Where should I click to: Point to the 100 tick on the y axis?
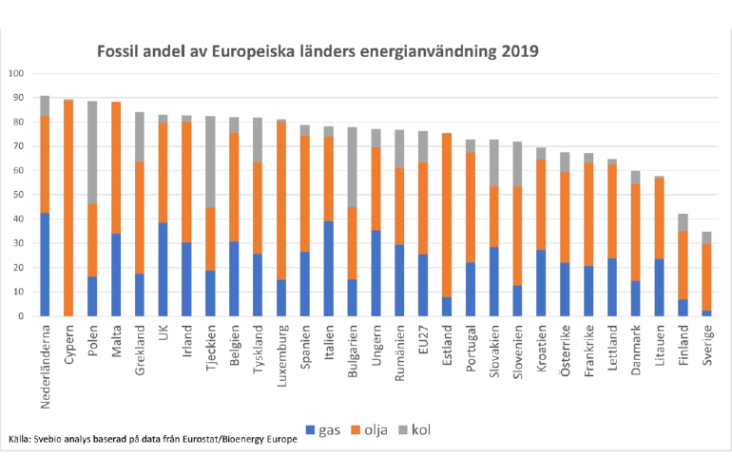pyautogui.click(x=17, y=73)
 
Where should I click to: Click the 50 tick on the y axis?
pyautogui.click(x=19, y=195)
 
